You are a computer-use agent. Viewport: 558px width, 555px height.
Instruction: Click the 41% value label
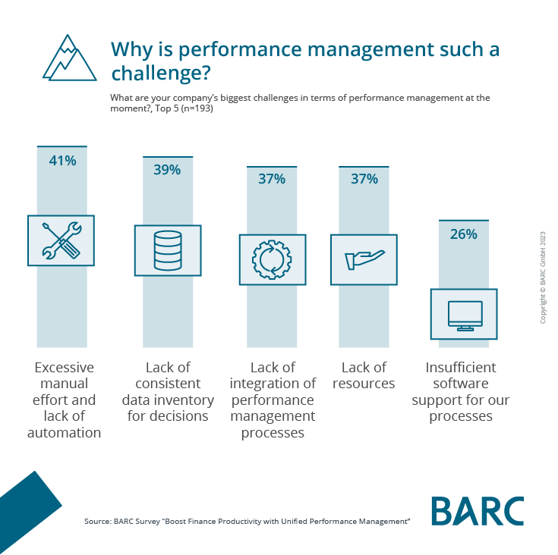(x=61, y=161)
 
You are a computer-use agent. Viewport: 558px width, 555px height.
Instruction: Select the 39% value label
(x=167, y=170)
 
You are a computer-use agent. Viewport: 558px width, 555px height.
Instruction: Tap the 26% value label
(x=463, y=234)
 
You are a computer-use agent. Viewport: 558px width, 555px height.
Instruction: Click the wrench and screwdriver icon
(x=61, y=240)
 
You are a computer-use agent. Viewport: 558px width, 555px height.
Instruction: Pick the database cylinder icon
(x=167, y=250)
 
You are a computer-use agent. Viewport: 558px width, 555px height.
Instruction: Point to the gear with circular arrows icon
(x=273, y=259)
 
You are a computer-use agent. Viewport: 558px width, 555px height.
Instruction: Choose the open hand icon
(x=364, y=259)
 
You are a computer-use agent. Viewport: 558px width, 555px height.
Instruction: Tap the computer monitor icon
(x=463, y=314)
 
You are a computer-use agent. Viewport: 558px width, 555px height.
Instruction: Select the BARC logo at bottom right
(x=477, y=511)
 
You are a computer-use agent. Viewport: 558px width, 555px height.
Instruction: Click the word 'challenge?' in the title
(x=160, y=74)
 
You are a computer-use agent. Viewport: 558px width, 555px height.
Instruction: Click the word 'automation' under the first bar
(x=64, y=433)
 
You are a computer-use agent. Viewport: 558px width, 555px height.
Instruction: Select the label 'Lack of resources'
(x=364, y=375)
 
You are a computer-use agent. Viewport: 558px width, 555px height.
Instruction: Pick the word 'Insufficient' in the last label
(x=460, y=368)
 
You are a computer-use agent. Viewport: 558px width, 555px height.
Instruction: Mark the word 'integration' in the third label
(x=272, y=384)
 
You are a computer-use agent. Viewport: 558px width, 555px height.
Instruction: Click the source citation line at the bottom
(x=247, y=522)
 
